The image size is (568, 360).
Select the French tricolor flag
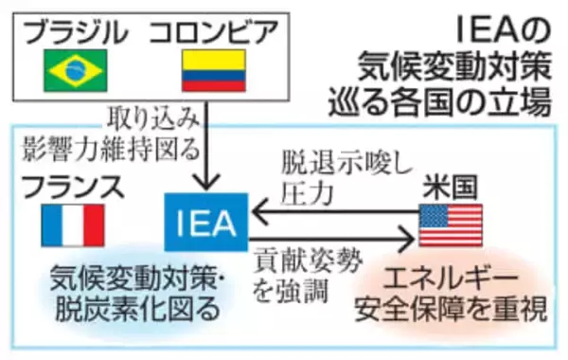(73, 225)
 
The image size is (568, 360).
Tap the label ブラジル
(75, 32)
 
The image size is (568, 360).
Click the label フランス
(74, 186)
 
